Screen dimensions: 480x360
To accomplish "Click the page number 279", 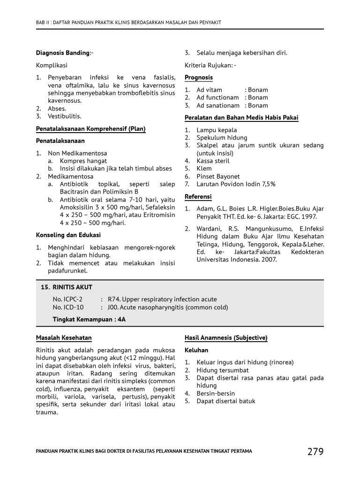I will point(315,451).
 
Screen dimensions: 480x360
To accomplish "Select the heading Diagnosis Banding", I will point(63,53).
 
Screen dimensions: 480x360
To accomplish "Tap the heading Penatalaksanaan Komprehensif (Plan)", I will point(91,129).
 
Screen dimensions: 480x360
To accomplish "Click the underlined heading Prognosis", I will point(199,77).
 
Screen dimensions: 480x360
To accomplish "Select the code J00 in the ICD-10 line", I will point(112,307).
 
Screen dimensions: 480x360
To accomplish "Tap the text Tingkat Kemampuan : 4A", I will point(89,319).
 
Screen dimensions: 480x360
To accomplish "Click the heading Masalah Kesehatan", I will point(64,337).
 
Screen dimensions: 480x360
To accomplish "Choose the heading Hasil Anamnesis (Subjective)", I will point(226,337).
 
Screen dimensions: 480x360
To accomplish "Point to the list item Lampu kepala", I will point(217,130).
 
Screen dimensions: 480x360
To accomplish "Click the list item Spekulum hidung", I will point(222,138).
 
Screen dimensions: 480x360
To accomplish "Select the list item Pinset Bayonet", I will point(218,176).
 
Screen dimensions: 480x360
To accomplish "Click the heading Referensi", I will point(198,196).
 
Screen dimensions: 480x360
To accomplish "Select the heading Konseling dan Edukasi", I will point(68,235).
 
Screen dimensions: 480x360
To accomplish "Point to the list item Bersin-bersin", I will point(216,393).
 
